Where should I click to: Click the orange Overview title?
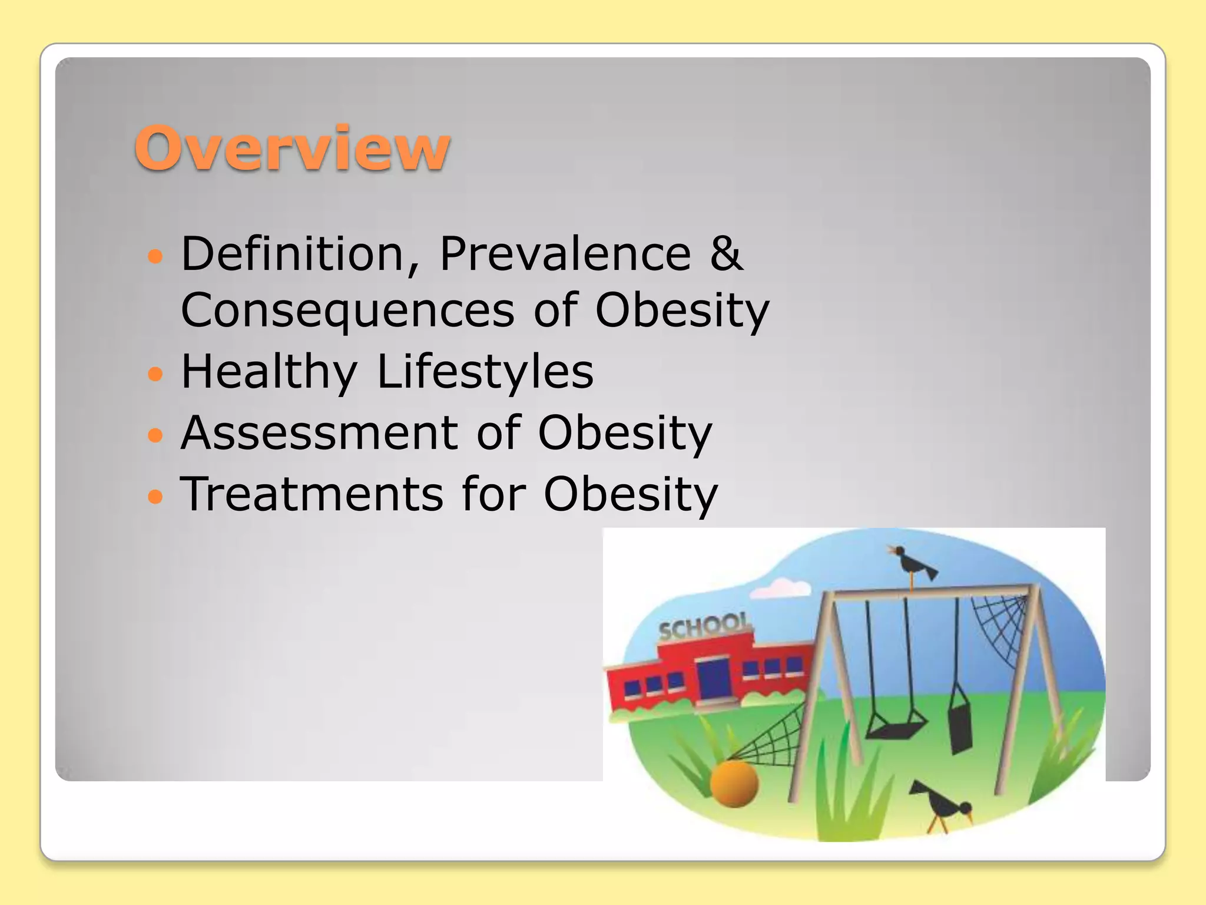(292, 148)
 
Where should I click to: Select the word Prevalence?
(565, 254)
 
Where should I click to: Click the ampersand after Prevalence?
(726, 254)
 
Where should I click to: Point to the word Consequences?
(347, 311)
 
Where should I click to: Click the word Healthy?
(269, 372)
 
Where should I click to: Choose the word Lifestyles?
(485, 372)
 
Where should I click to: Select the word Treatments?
(312, 494)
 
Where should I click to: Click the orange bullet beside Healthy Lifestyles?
(155, 374)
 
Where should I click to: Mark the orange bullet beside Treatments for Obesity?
(155, 496)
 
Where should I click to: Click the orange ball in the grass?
(734, 783)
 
